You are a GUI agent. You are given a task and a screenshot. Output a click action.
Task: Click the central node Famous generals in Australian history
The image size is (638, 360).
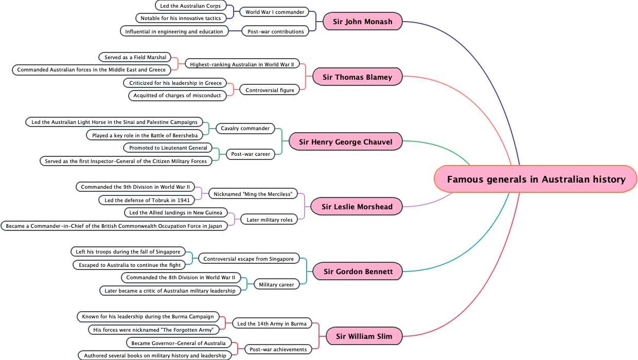536,179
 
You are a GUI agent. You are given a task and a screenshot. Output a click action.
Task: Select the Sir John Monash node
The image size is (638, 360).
363,22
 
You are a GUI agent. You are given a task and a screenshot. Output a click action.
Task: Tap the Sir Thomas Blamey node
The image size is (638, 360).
358,77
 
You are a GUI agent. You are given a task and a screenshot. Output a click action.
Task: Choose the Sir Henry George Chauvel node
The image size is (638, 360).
345,142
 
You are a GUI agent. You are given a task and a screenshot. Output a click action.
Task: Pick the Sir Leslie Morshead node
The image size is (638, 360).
357,207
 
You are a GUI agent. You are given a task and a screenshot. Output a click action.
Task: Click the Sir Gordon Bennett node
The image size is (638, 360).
358,272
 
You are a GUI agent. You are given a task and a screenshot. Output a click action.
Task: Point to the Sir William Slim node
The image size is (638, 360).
364,336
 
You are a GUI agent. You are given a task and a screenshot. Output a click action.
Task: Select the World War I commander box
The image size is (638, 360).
275,12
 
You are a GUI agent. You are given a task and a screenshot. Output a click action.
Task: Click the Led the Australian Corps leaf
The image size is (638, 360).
190,6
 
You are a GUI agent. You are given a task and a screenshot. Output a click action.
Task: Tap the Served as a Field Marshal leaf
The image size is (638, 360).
135,57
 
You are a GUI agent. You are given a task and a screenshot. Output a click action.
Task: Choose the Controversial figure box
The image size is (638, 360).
270,90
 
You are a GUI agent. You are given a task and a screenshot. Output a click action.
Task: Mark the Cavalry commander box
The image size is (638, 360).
245,128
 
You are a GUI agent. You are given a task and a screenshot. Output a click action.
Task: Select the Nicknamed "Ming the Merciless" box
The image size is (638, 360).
253,194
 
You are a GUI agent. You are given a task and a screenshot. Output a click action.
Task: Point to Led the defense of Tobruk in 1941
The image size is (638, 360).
147,200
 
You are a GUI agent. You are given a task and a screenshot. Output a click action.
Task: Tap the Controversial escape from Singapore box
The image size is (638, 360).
249,259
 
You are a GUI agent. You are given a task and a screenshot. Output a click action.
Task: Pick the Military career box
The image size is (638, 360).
276,284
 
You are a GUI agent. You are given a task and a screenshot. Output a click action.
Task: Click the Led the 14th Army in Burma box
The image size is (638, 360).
272,323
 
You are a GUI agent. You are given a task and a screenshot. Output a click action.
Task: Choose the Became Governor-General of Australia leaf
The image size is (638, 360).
179,343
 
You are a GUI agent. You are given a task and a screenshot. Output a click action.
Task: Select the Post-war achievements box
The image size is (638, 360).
278,349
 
